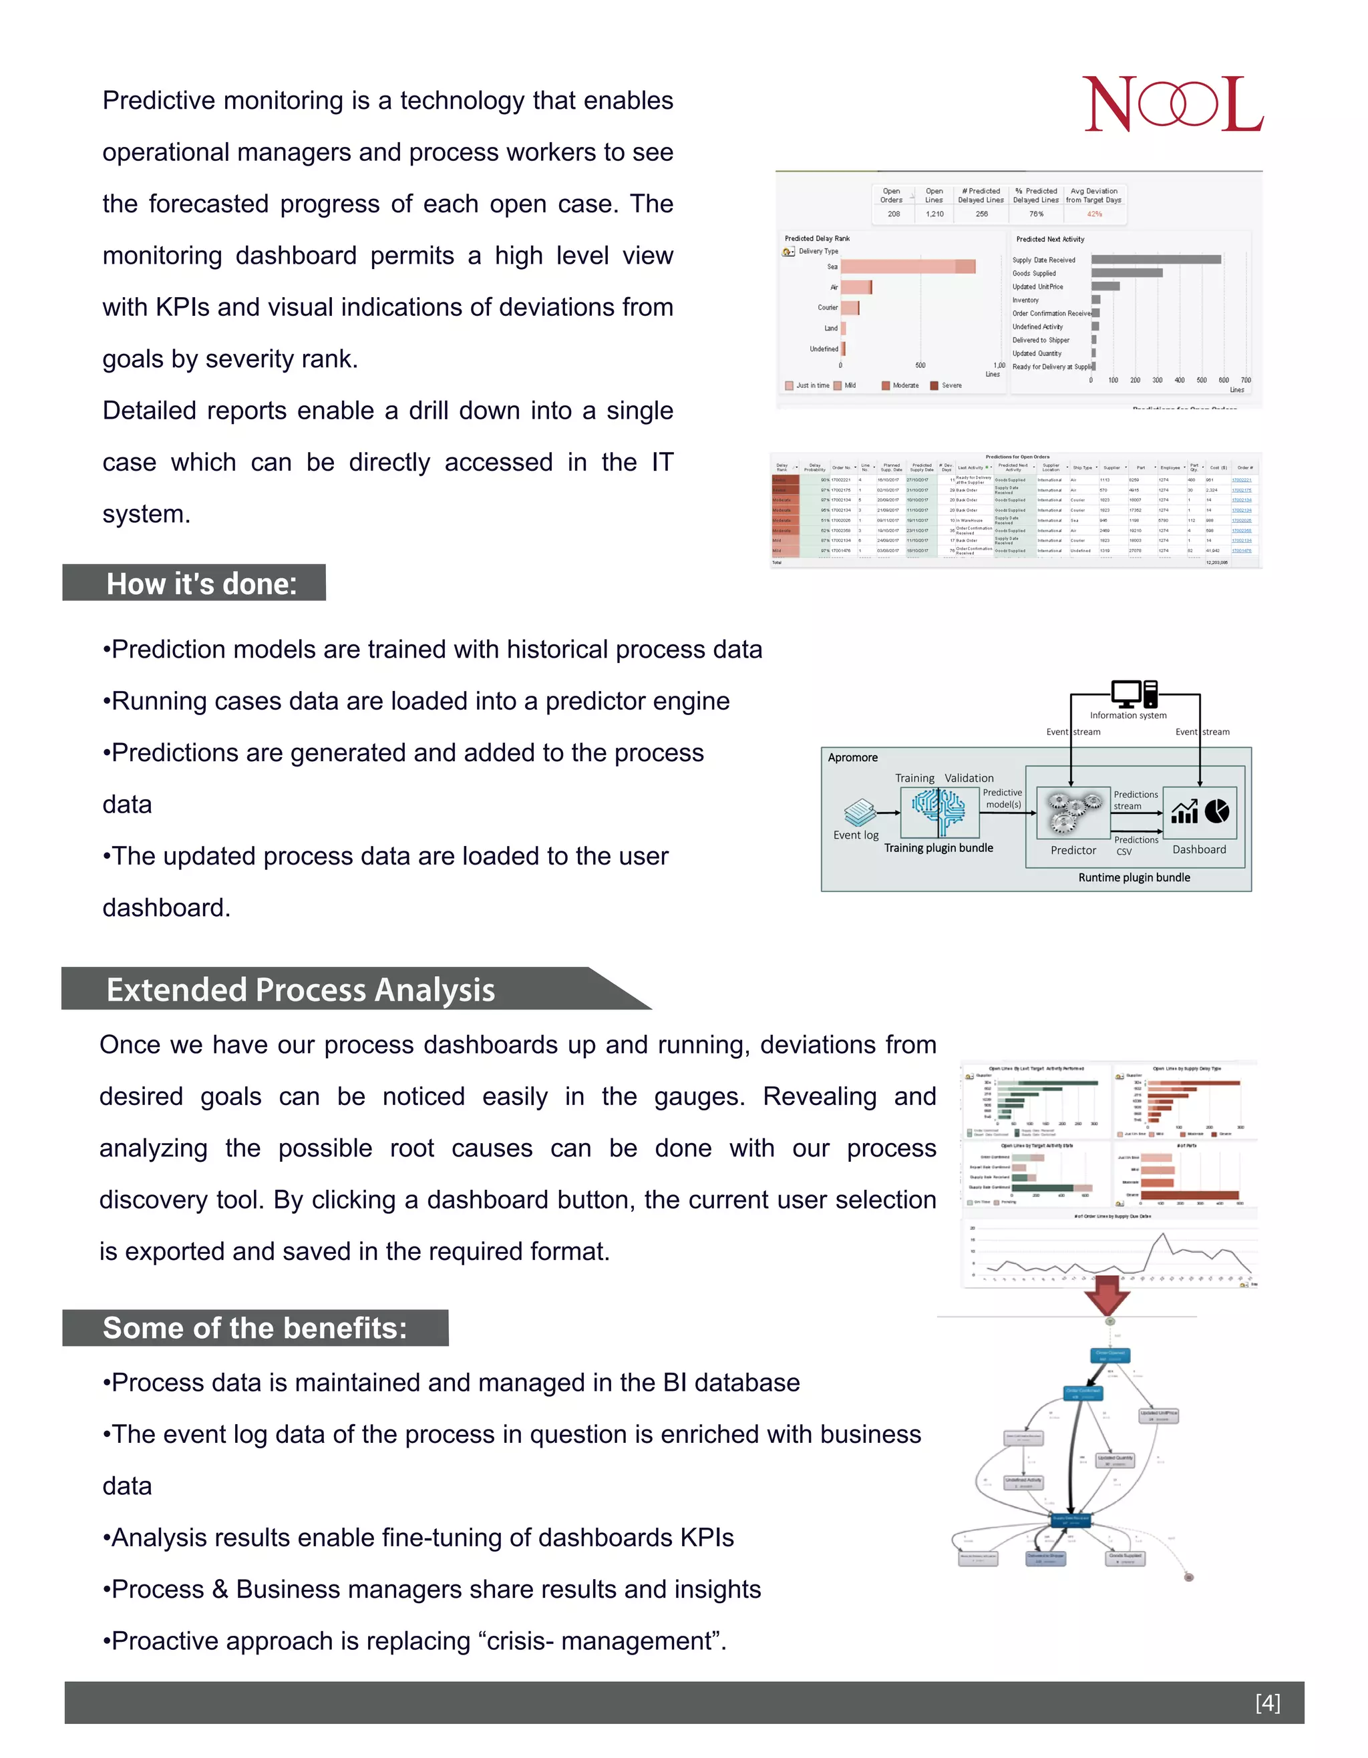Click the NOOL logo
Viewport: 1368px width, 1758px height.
[x=1172, y=105]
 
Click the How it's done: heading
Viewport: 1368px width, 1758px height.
[x=201, y=584]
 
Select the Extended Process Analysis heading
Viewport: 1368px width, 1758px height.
[x=301, y=990]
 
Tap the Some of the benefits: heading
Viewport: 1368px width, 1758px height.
[x=254, y=1327]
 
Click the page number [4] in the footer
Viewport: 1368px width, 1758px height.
[x=1266, y=1702]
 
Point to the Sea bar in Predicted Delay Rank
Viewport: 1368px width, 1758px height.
[x=908, y=266]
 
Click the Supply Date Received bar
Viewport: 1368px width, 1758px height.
[x=1156, y=259]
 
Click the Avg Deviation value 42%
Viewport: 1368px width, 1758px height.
[x=1094, y=214]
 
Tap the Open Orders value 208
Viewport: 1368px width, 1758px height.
[x=894, y=214]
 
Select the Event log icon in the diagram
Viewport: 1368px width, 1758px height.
[x=860, y=811]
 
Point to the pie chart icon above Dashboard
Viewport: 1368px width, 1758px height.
[x=1216, y=811]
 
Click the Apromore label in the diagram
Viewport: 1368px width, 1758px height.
[x=852, y=757]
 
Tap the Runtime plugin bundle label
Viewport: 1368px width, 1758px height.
[x=1134, y=877]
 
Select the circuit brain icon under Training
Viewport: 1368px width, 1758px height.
[x=939, y=811]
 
